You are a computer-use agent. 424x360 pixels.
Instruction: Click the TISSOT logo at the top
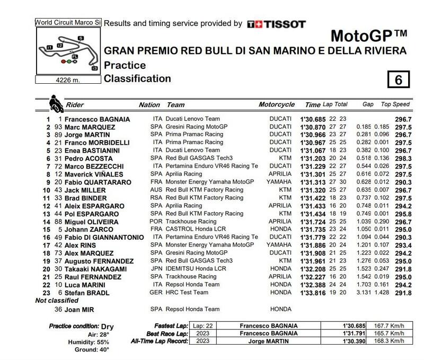click(277, 24)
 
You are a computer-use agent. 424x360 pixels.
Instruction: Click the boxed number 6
click(399, 80)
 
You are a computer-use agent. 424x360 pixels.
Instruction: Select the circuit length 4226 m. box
click(68, 80)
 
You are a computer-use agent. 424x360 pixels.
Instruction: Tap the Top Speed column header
click(395, 104)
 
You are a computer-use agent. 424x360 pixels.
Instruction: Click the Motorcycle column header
click(277, 104)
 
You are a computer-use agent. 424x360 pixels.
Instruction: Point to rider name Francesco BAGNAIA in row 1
click(98, 119)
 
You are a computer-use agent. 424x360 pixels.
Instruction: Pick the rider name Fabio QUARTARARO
click(102, 182)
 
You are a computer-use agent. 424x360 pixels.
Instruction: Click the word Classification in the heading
click(137, 79)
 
